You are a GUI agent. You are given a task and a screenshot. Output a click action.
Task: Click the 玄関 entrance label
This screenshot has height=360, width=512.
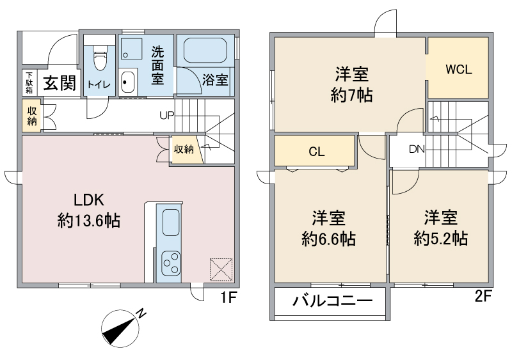click(60, 83)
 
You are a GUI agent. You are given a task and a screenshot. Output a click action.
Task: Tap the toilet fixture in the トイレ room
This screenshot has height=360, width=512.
click(99, 61)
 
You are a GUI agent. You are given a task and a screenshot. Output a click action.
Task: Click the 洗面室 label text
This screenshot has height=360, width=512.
click(157, 66)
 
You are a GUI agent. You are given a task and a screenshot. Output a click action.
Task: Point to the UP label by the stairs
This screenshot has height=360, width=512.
click(166, 116)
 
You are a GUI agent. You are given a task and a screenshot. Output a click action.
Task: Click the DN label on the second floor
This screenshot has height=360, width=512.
click(417, 150)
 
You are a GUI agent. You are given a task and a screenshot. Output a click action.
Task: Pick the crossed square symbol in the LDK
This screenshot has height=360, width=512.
click(221, 269)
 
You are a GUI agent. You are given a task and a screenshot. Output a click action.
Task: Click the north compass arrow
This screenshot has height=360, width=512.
click(123, 326)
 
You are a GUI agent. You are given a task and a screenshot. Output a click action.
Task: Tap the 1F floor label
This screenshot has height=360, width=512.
click(229, 297)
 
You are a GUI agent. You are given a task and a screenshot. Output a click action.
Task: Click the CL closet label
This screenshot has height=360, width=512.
click(316, 152)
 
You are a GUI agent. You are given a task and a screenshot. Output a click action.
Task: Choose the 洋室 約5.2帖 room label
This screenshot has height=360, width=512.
click(440, 228)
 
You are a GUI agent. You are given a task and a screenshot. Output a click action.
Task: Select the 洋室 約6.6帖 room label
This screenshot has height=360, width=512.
click(329, 229)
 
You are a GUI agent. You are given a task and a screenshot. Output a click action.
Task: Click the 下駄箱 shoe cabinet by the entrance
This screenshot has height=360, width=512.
click(29, 81)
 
